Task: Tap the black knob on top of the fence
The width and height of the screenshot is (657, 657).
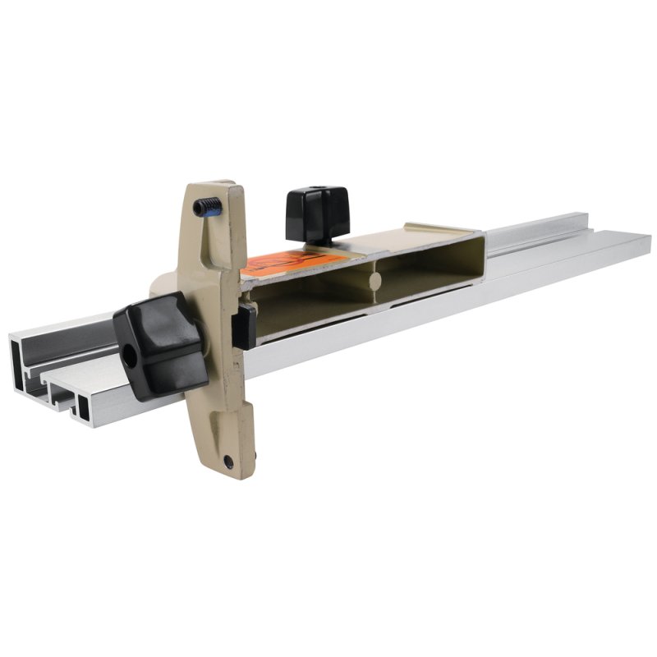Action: click(317, 212)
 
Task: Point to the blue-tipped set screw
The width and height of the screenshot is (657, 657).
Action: click(209, 206)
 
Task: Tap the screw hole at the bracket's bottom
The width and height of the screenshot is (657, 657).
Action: click(227, 462)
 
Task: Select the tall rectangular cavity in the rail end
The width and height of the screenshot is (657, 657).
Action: click(18, 361)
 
